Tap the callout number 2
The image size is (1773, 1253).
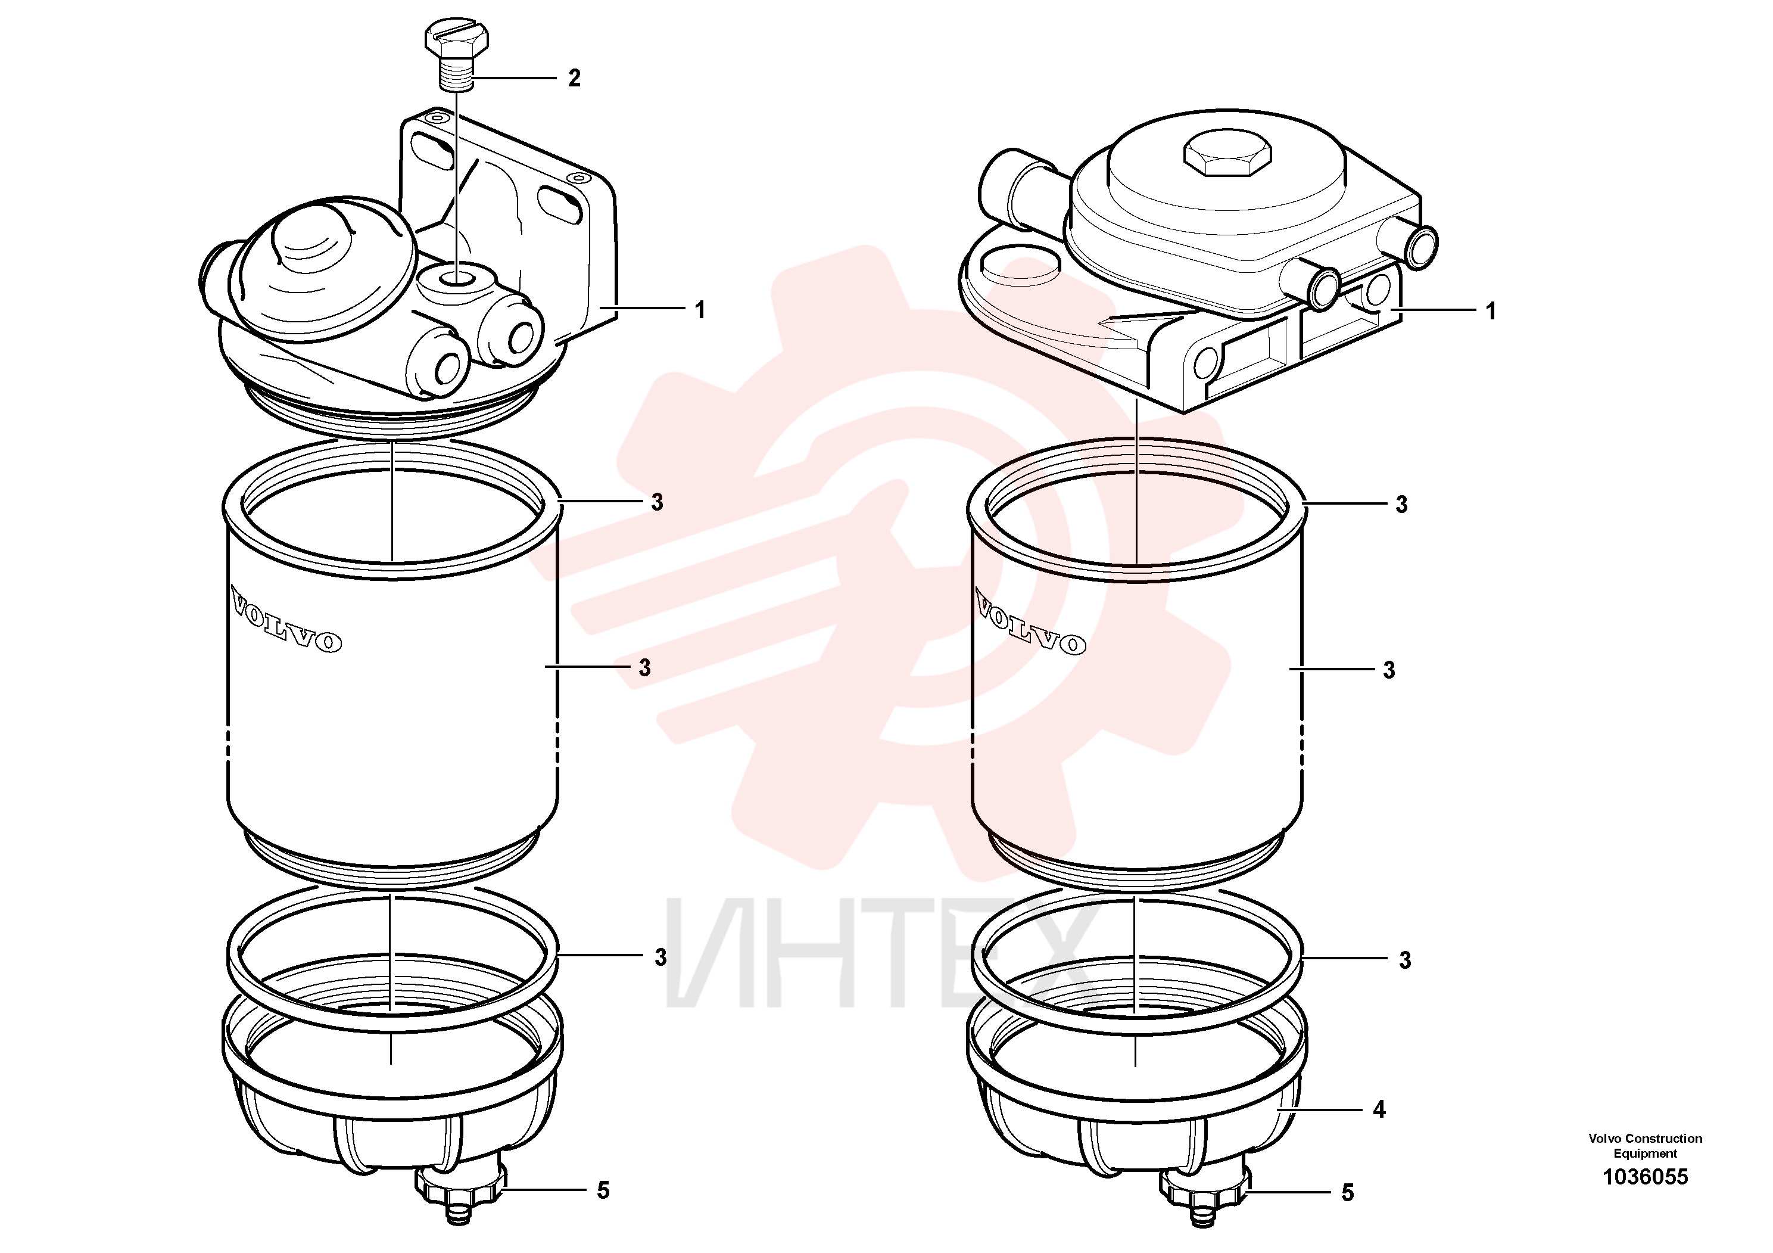(574, 78)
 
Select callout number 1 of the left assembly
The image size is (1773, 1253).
(700, 310)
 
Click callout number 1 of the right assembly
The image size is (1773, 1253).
(1490, 312)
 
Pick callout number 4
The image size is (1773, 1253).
(1379, 1109)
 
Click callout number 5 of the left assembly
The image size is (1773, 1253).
(603, 1190)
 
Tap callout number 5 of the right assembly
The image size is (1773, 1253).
(1348, 1193)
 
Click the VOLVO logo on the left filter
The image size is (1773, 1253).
(286, 620)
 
